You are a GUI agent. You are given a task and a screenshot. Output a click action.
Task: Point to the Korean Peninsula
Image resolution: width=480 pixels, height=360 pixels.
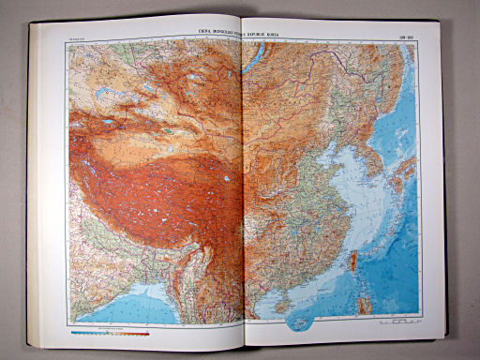point(374,161)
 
